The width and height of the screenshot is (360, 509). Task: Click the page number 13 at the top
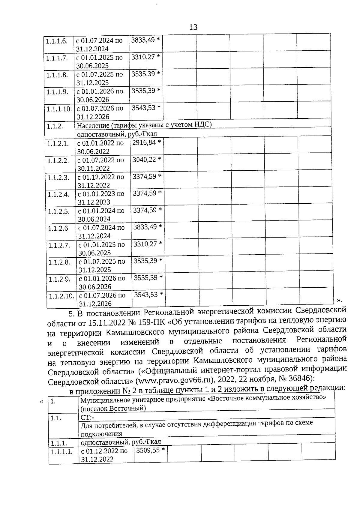point(193,28)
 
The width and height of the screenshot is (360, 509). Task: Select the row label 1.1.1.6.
point(57,41)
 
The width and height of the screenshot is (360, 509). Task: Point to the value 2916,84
point(144,142)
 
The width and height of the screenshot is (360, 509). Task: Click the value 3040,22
point(144,160)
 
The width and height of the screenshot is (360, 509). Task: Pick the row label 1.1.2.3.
point(58,178)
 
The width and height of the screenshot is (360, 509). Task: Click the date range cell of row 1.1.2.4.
point(100,198)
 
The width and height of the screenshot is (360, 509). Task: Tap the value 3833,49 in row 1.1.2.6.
point(145,227)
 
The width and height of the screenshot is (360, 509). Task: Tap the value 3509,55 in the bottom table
point(148,450)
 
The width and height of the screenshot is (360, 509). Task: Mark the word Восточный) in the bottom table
point(131,408)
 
